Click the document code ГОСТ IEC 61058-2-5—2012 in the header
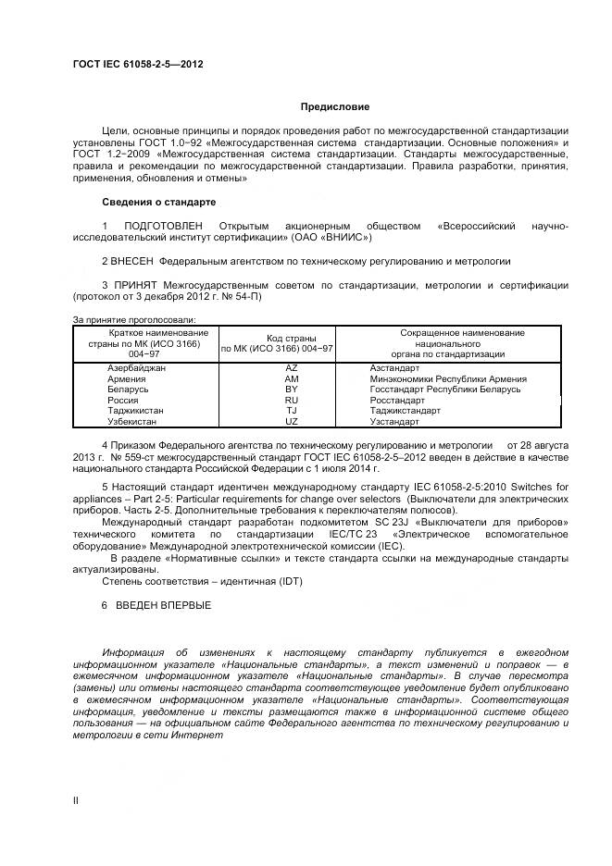[138, 64]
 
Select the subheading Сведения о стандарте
[158, 201]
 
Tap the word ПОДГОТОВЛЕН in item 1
[163, 227]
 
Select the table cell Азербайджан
[136, 368]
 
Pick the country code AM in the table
[292, 379]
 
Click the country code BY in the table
[292, 390]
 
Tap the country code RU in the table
[292, 400]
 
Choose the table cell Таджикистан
[135, 410]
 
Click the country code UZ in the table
[292, 421]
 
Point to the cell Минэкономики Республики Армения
[448, 379]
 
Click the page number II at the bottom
[76, 798]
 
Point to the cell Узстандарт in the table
[394, 421]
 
